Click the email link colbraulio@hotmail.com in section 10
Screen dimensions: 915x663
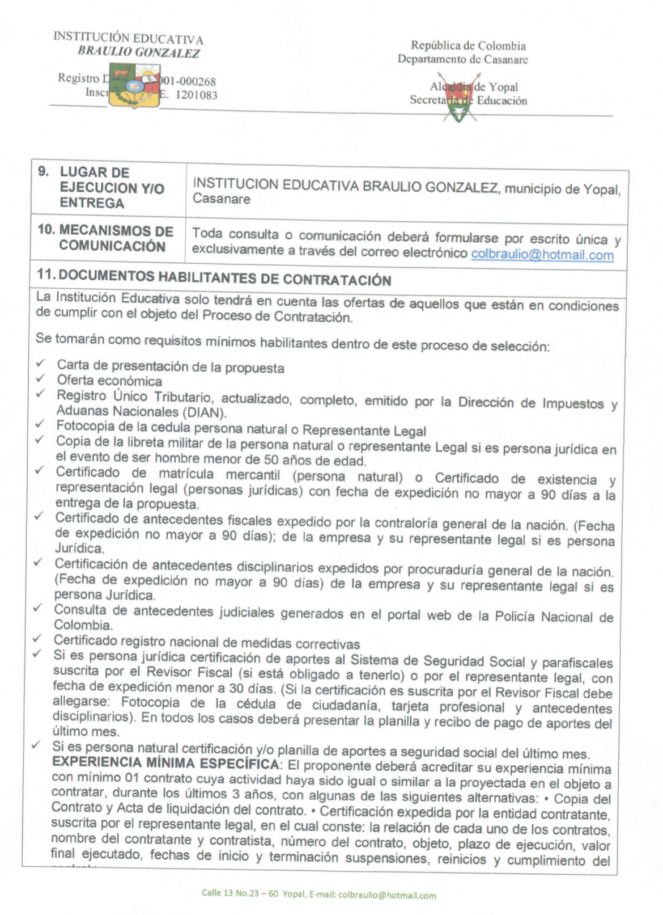(542, 255)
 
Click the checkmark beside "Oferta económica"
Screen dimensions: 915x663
(40, 378)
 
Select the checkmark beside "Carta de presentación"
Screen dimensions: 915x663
(40, 364)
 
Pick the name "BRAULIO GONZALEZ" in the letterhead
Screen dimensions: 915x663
(139, 53)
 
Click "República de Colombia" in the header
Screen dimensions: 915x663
(468, 46)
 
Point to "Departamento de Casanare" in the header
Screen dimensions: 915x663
(462, 59)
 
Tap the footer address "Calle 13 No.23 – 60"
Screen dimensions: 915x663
(239, 893)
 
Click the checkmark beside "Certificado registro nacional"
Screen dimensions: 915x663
(37, 638)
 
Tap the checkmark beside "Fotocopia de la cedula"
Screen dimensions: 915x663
(40, 424)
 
